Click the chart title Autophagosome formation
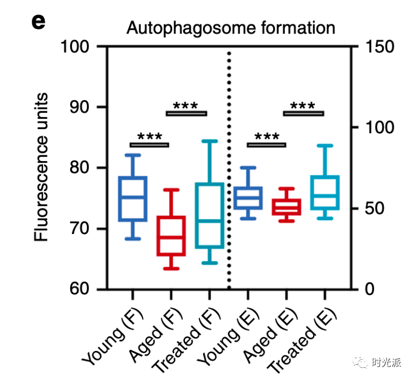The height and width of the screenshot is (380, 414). tap(231, 28)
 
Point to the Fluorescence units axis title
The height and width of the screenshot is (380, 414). tap(41, 168)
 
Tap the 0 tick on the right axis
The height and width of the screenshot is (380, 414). tap(371, 289)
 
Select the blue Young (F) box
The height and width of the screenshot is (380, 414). tap(133, 199)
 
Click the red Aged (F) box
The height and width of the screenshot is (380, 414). tap(171, 236)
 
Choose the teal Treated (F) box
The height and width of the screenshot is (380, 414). tap(209, 215)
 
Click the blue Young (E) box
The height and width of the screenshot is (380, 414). tap(248, 198)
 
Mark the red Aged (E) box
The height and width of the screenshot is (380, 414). tap(286, 206)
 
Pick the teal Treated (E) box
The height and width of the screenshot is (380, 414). tap(325, 193)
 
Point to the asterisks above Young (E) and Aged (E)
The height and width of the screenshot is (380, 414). tap(266, 137)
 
